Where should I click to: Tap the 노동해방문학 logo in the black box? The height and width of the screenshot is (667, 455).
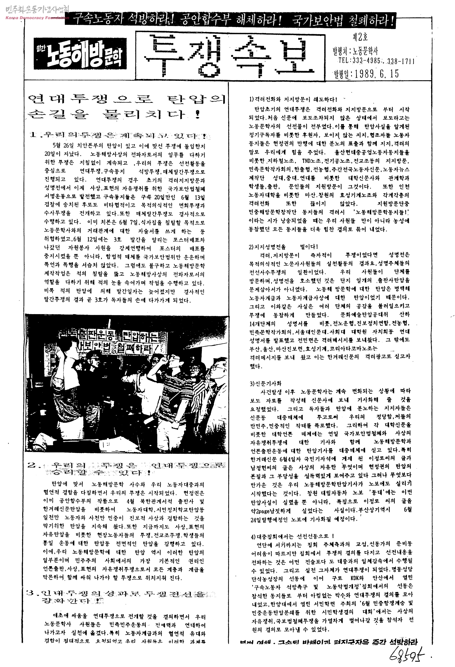point(80,53)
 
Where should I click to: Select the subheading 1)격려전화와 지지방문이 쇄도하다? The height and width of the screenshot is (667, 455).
point(293,100)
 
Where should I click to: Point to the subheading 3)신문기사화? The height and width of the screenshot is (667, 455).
point(265,384)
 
